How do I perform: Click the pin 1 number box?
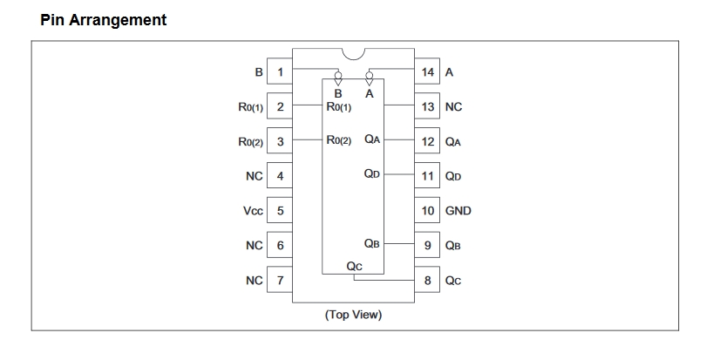(280, 71)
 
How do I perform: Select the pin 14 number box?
(427, 71)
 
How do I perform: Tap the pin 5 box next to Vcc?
(280, 210)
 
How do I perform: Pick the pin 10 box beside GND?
(427, 210)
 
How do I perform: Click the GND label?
(458, 210)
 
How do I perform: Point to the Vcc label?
(253, 211)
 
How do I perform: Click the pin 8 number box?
(427, 280)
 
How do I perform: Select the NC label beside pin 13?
(453, 107)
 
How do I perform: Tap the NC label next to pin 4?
(255, 176)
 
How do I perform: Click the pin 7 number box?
(280, 280)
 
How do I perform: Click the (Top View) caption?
(353, 315)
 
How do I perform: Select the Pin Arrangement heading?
(104, 20)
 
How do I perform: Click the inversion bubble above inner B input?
(338, 76)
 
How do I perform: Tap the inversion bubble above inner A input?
(370, 76)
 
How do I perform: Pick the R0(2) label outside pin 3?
(250, 142)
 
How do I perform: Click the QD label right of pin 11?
(453, 176)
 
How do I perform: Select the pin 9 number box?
(427, 246)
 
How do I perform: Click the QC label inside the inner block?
(354, 266)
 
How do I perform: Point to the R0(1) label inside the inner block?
(339, 107)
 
